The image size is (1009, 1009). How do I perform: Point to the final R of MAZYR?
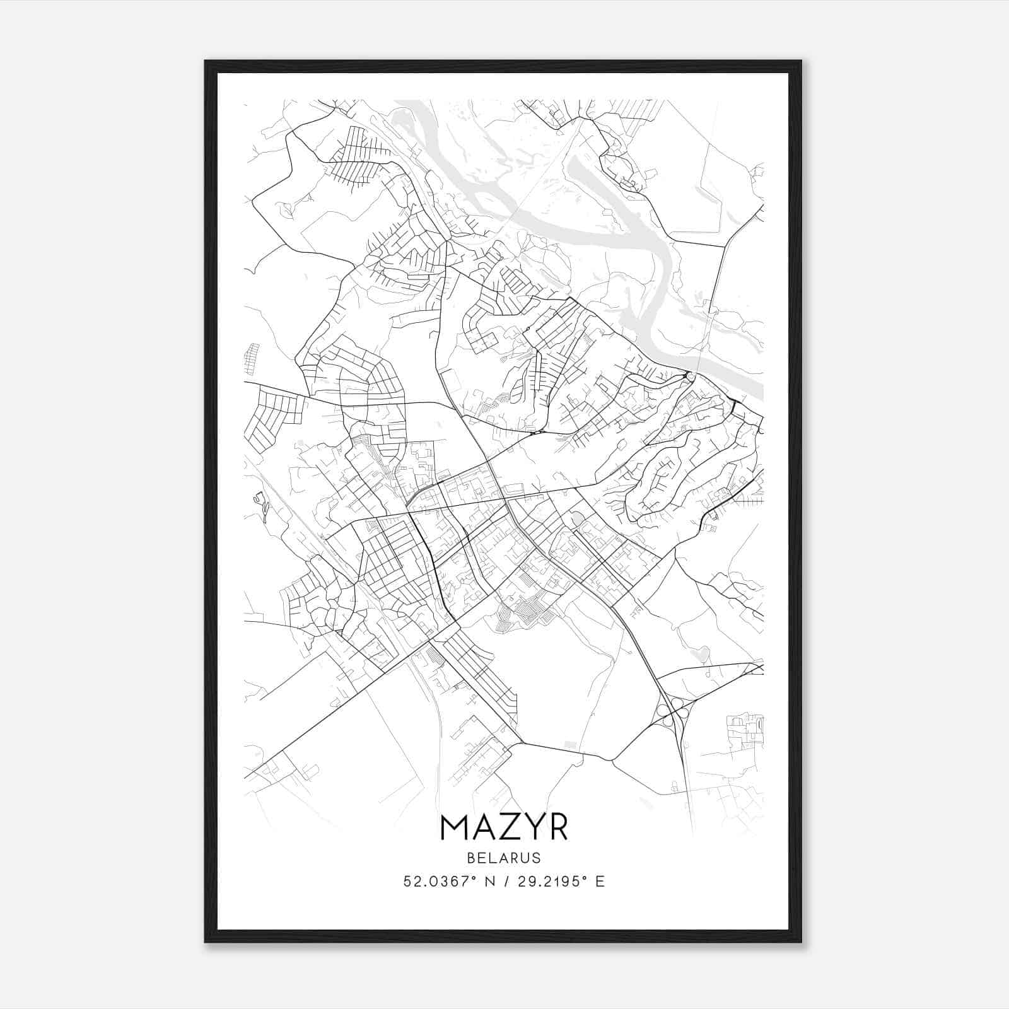pyautogui.click(x=558, y=827)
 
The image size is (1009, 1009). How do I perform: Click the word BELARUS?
pyautogui.click(x=504, y=858)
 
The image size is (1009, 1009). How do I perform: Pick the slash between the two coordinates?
pyautogui.click(x=504, y=882)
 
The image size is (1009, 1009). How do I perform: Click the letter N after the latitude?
pyautogui.click(x=487, y=882)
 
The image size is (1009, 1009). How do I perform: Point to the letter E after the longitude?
pyautogui.click(x=600, y=882)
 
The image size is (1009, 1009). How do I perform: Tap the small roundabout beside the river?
pyautogui.click(x=690, y=376)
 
